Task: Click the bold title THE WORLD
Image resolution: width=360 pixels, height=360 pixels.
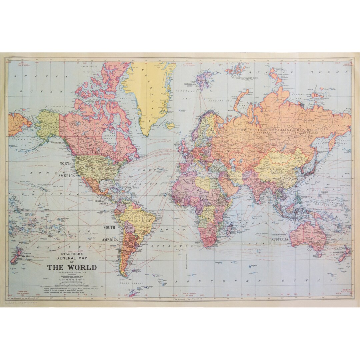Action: pos(72,267)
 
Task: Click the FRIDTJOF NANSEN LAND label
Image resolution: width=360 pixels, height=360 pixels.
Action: pos(247,78)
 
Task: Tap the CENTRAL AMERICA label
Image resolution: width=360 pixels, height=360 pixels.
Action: pos(102,202)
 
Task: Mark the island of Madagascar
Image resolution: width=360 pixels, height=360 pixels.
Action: pos(230,229)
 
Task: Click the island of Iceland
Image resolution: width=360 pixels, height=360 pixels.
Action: pos(170,126)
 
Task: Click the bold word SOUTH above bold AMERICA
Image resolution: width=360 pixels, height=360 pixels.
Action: pos(109,228)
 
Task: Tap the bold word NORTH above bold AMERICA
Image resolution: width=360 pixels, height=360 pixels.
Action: pos(66,164)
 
